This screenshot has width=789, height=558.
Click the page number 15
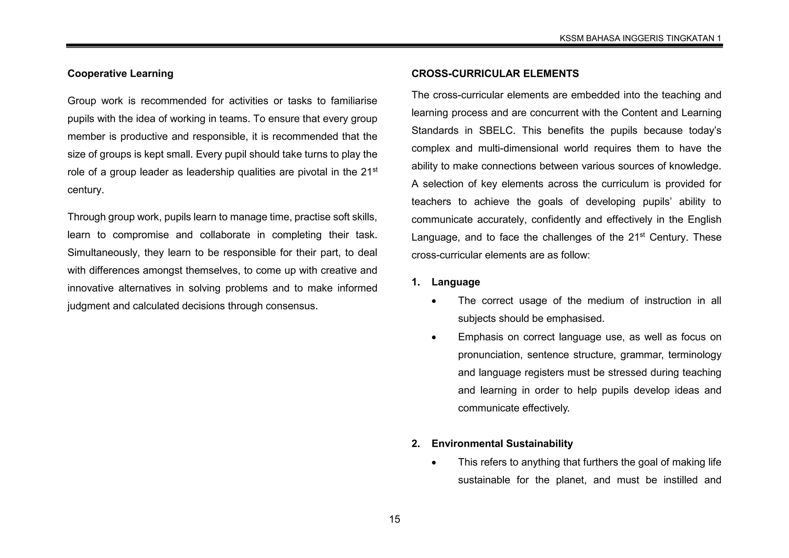(394, 519)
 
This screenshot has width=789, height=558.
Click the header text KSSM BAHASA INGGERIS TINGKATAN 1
(640, 38)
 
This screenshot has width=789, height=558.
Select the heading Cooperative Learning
(120, 74)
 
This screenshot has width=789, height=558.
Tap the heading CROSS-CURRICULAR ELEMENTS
(495, 74)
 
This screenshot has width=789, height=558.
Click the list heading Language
(455, 282)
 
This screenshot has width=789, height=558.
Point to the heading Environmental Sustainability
(502, 444)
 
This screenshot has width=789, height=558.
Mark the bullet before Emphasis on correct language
(434, 338)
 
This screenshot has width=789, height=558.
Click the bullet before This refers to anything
(434, 462)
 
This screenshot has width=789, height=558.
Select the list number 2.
(415, 444)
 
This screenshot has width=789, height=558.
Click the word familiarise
(354, 101)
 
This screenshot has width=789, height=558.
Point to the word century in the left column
(85, 190)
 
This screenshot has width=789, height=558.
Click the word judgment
(89, 306)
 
